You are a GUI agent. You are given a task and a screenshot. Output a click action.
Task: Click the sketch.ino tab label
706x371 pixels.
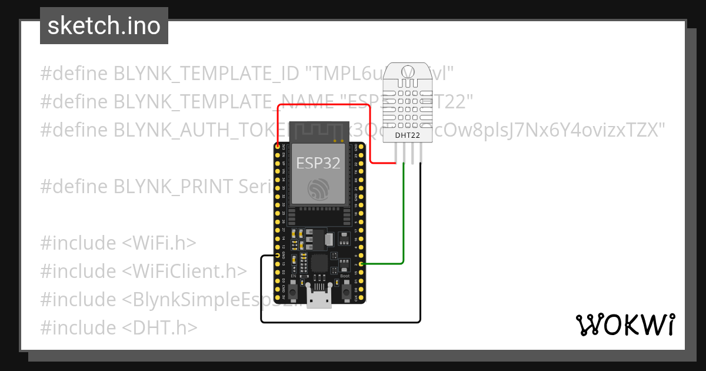[104, 26]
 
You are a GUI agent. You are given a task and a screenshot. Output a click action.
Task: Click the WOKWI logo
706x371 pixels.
[624, 324]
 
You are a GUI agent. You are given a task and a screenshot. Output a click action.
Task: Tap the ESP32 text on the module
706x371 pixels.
[318, 163]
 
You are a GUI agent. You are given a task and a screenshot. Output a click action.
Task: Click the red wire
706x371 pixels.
[324, 105]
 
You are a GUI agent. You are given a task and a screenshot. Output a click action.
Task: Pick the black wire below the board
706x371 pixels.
[341, 322]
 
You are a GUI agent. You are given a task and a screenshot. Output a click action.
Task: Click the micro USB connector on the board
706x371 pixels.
[320, 299]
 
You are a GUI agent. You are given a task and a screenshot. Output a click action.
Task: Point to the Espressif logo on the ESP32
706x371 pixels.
[318, 189]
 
